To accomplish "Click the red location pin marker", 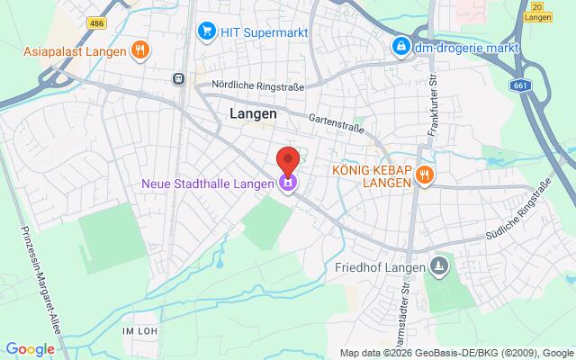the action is [288, 160].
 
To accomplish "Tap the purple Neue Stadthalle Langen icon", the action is [288, 184].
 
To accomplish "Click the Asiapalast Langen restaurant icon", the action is [139, 49].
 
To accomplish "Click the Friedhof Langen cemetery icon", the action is [438, 265].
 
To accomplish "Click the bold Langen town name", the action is [253, 115].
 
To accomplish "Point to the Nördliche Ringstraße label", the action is [257, 85].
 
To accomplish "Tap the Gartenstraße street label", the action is [336, 122].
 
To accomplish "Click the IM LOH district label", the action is [139, 332].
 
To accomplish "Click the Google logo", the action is [30, 349].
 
